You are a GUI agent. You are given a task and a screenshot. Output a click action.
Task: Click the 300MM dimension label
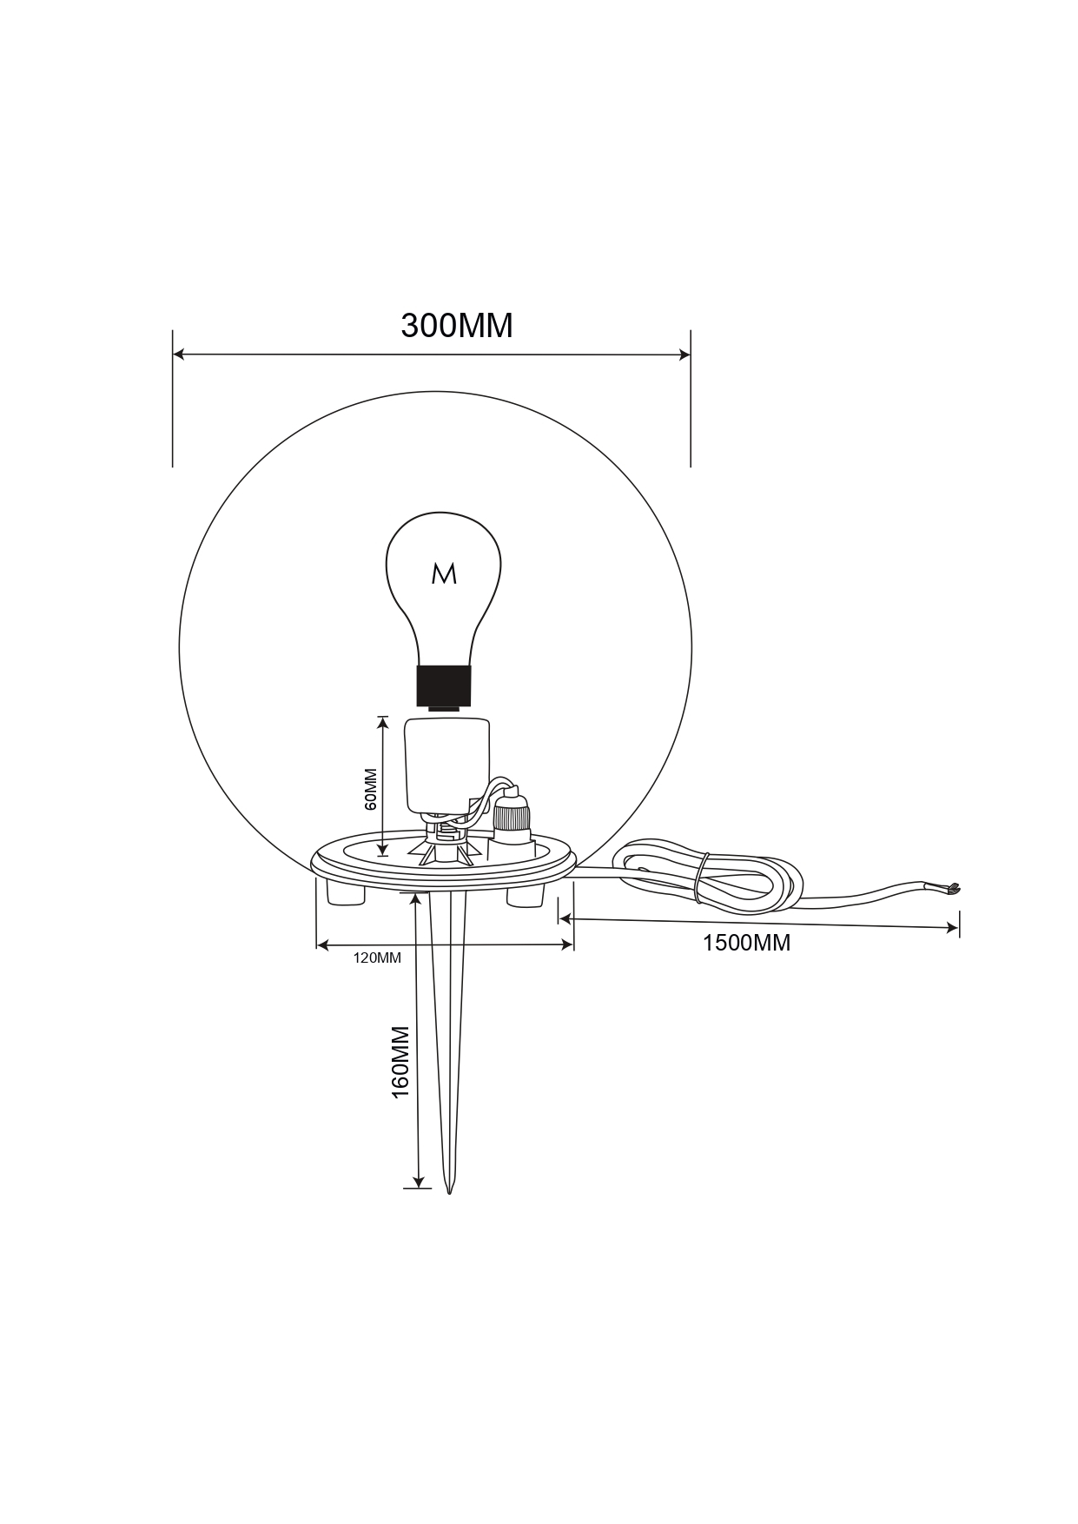tap(457, 325)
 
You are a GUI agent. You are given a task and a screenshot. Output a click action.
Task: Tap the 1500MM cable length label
tap(746, 943)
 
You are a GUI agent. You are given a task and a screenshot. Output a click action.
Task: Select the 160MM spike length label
tap(400, 1062)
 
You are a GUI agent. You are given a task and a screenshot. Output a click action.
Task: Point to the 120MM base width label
tap(377, 958)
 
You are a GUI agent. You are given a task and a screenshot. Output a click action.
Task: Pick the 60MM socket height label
tap(371, 789)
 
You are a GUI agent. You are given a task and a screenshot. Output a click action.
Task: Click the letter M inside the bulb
tap(444, 573)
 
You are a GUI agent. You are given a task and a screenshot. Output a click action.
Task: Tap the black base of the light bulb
tap(444, 686)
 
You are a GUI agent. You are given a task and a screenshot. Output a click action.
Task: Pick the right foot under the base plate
tap(526, 896)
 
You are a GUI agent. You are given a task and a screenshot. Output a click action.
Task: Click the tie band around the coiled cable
tap(701, 878)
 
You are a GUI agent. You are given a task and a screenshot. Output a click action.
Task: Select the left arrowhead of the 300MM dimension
tap(178, 354)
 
